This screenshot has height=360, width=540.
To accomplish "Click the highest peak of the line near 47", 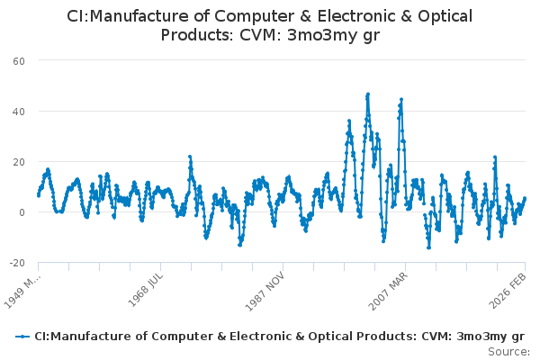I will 368,94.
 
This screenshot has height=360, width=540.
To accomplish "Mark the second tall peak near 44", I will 400,99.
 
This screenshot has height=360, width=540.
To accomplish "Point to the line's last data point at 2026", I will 525,198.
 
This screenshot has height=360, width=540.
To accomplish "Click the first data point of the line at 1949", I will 38,194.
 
